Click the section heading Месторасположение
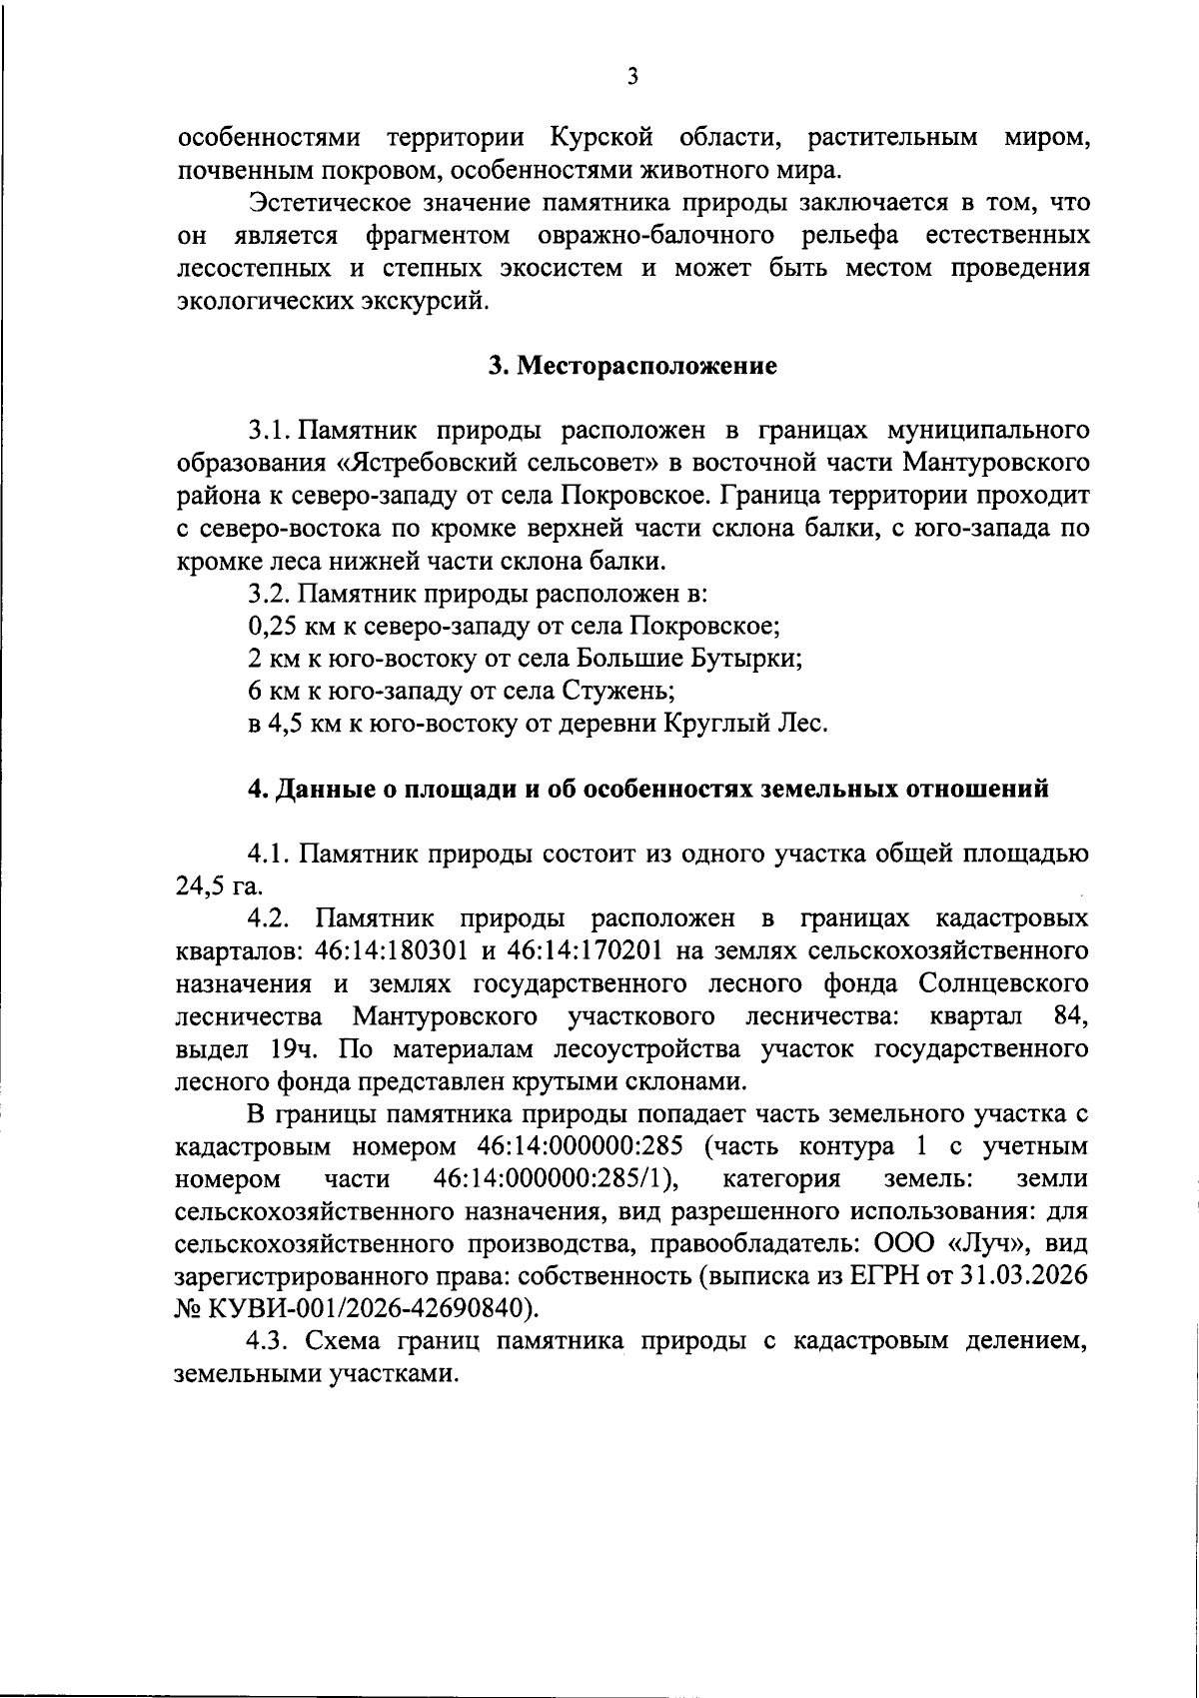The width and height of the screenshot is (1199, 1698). pyautogui.click(x=645, y=366)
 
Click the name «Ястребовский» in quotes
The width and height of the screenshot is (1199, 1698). pyautogui.click(x=441, y=464)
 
